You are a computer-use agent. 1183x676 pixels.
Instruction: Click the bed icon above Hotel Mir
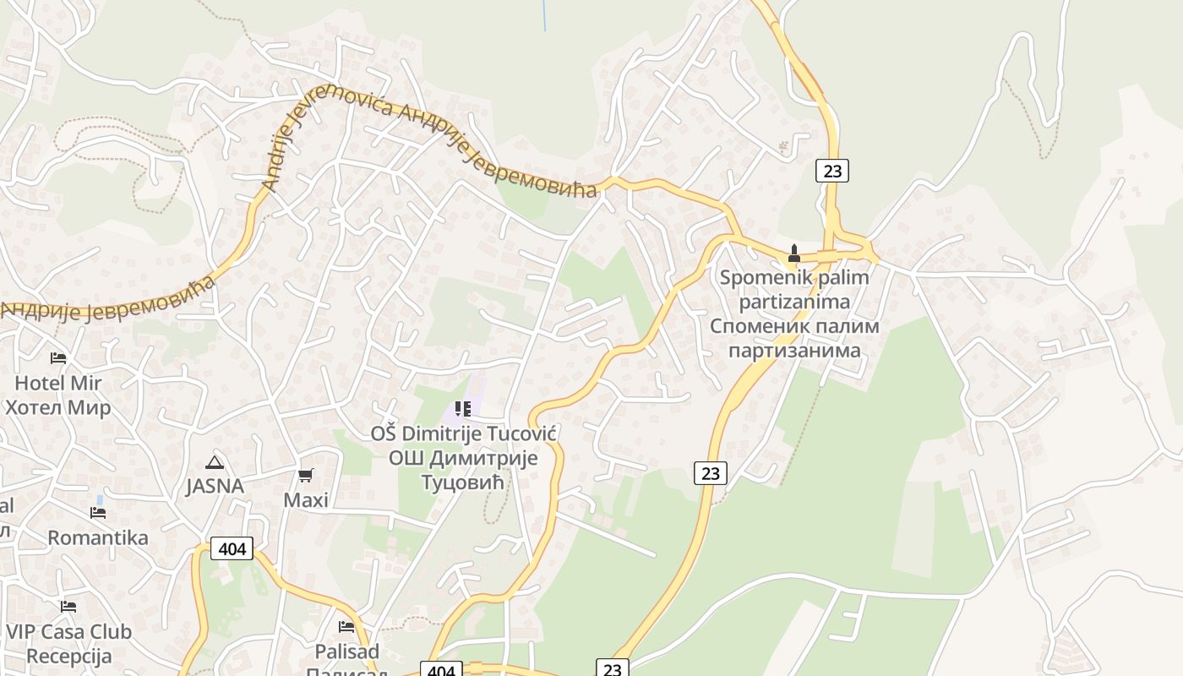coord(57,358)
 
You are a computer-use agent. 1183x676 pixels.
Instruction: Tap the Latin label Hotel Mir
coord(57,383)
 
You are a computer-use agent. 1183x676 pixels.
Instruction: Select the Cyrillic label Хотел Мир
coord(57,408)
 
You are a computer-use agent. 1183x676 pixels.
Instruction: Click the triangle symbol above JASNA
coord(215,462)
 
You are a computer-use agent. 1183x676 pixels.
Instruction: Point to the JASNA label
coord(215,486)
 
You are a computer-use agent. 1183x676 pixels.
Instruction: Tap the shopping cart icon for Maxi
coord(305,476)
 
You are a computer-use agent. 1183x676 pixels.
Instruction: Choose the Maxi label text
coord(305,500)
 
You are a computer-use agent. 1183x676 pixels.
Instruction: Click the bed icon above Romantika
coord(98,513)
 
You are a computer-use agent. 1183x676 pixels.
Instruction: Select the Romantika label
coord(98,537)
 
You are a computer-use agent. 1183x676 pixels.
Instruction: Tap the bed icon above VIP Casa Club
coord(68,607)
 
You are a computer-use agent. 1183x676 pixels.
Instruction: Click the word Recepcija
coord(69,657)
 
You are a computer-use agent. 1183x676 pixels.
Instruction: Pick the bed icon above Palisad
coord(346,627)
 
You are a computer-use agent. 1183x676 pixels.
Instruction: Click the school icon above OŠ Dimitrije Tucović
coord(463,409)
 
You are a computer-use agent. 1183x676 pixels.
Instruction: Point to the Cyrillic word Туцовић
coord(462,482)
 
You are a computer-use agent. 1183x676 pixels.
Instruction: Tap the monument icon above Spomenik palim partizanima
coord(793,253)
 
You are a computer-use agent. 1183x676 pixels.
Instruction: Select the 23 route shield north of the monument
coord(832,171)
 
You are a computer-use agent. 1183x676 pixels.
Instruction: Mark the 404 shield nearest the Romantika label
coord(232,549)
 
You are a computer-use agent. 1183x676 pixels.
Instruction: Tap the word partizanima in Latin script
coord(794,302)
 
